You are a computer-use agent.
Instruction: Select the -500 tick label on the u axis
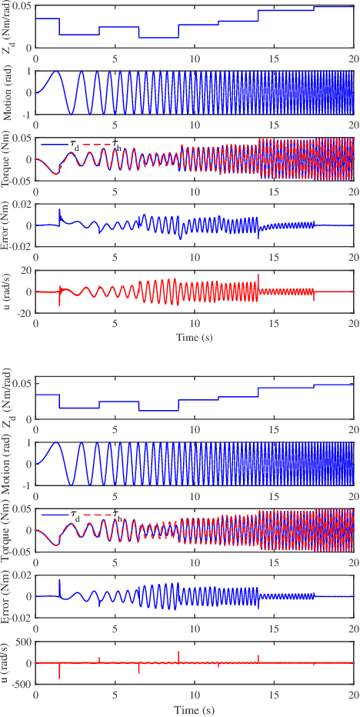click(x=21, y=685)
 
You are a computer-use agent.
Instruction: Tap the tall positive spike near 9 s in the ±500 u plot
click(x=178, y=652)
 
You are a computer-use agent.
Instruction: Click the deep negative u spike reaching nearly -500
click(x=59, y=678)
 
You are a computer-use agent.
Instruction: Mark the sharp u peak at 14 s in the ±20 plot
click(x=258, y=275)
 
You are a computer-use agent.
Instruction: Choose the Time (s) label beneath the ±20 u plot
click(x=195, y=337)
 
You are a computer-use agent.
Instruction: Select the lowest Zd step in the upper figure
click(x=158, y=37)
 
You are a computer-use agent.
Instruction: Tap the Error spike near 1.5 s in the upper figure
click(x=59, y=210)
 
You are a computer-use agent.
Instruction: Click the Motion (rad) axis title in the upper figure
click(x=7, y=92)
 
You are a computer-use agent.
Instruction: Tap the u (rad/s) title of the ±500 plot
click(x=7, y=663)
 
